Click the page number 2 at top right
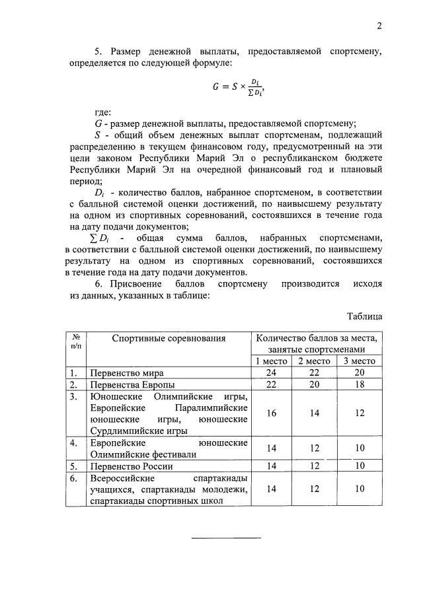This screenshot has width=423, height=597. tap(379, 26)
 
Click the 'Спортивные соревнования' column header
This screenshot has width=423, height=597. tap(169, 339)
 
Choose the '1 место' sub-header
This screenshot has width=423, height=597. tap(272, 361)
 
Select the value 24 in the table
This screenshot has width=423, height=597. tap(272, 373)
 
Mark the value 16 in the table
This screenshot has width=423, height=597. tap(272, 413)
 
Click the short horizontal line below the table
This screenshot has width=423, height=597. tap(226, 538)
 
